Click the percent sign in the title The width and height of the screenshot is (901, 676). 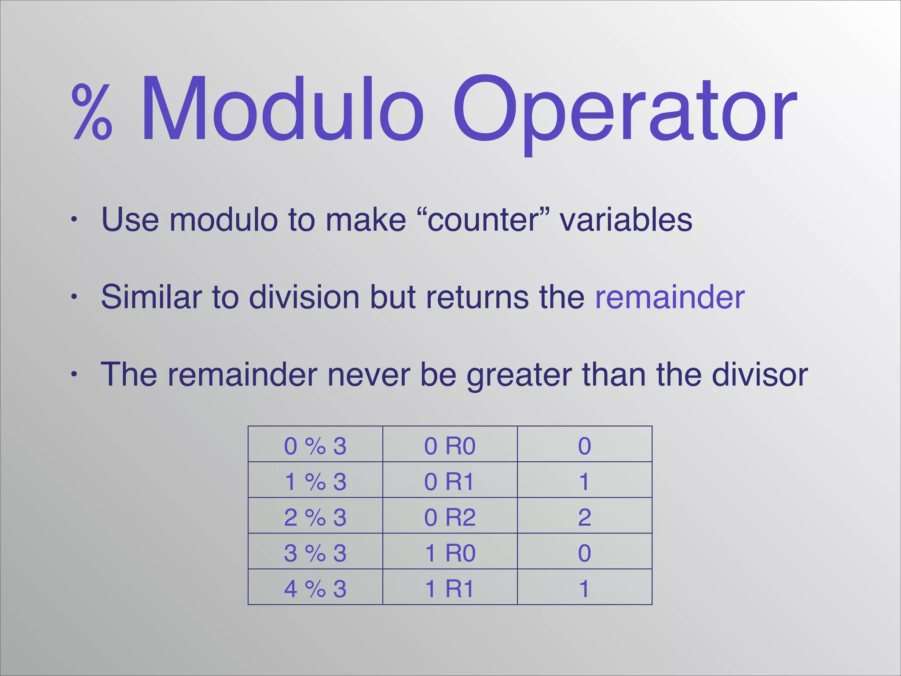coord(92,113)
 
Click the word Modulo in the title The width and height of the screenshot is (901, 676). coord(282,110)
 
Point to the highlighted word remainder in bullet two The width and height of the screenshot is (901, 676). coord(670,297)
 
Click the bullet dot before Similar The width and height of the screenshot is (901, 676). coord(74,297)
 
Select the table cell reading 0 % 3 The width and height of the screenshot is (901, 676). coord(315,446)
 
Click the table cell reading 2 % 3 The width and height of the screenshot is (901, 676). coord(315,517)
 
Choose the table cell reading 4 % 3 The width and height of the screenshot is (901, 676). coord(315,588)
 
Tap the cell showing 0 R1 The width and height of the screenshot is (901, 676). coord(450,481)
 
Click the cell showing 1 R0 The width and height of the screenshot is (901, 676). coord(450,553)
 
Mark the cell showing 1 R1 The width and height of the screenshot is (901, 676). coord(450,588)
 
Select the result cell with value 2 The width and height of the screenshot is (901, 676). coord(584,517)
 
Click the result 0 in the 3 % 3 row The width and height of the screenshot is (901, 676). coord(584,553)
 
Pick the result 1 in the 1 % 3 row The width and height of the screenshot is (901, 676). coord(584,481)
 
